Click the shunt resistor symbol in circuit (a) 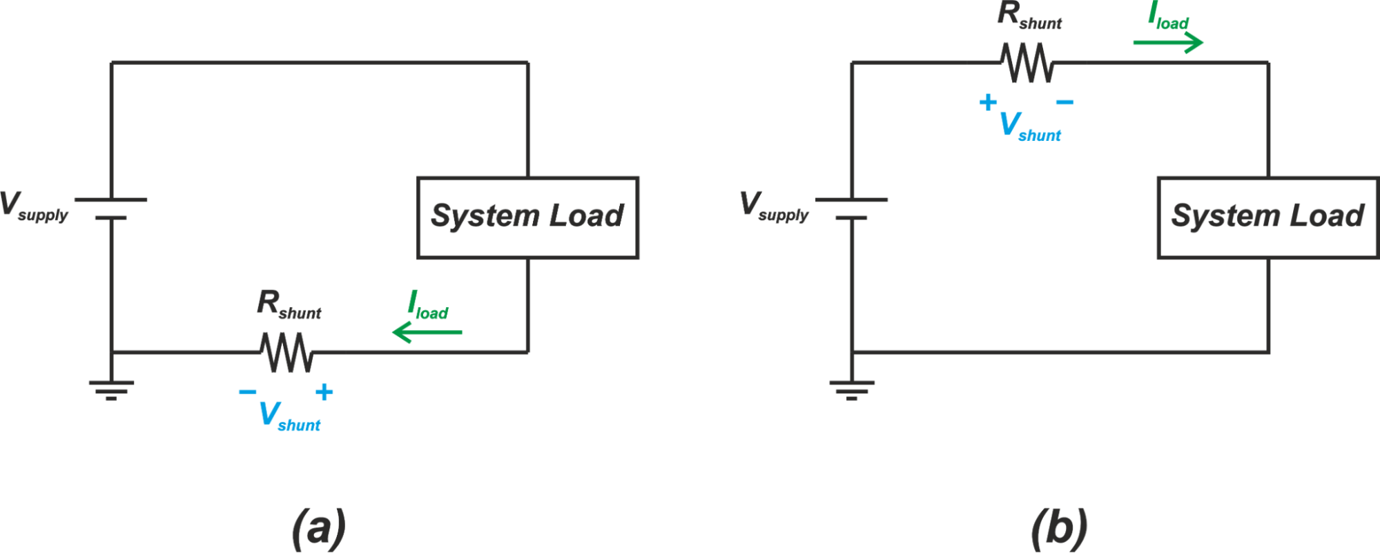point(287,353)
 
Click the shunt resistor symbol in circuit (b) point(1028,63)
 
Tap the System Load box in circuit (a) point(527,217)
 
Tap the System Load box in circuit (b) point(1267,217)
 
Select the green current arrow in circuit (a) point(427,333)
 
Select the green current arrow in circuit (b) point(1168,43)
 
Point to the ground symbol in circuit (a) point(111,389)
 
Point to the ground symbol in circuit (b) point(851,389)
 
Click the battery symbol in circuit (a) point(111,208)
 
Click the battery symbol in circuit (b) point(851,208)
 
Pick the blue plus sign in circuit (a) point(324,392)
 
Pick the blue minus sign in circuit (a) point(247,392)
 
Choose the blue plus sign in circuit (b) point(988,102)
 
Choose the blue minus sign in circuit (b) point(1065,103)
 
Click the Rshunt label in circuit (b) point(1029,16)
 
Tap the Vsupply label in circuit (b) point(774,207)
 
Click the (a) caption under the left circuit point(318,529)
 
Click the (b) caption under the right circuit point(1059,529)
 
